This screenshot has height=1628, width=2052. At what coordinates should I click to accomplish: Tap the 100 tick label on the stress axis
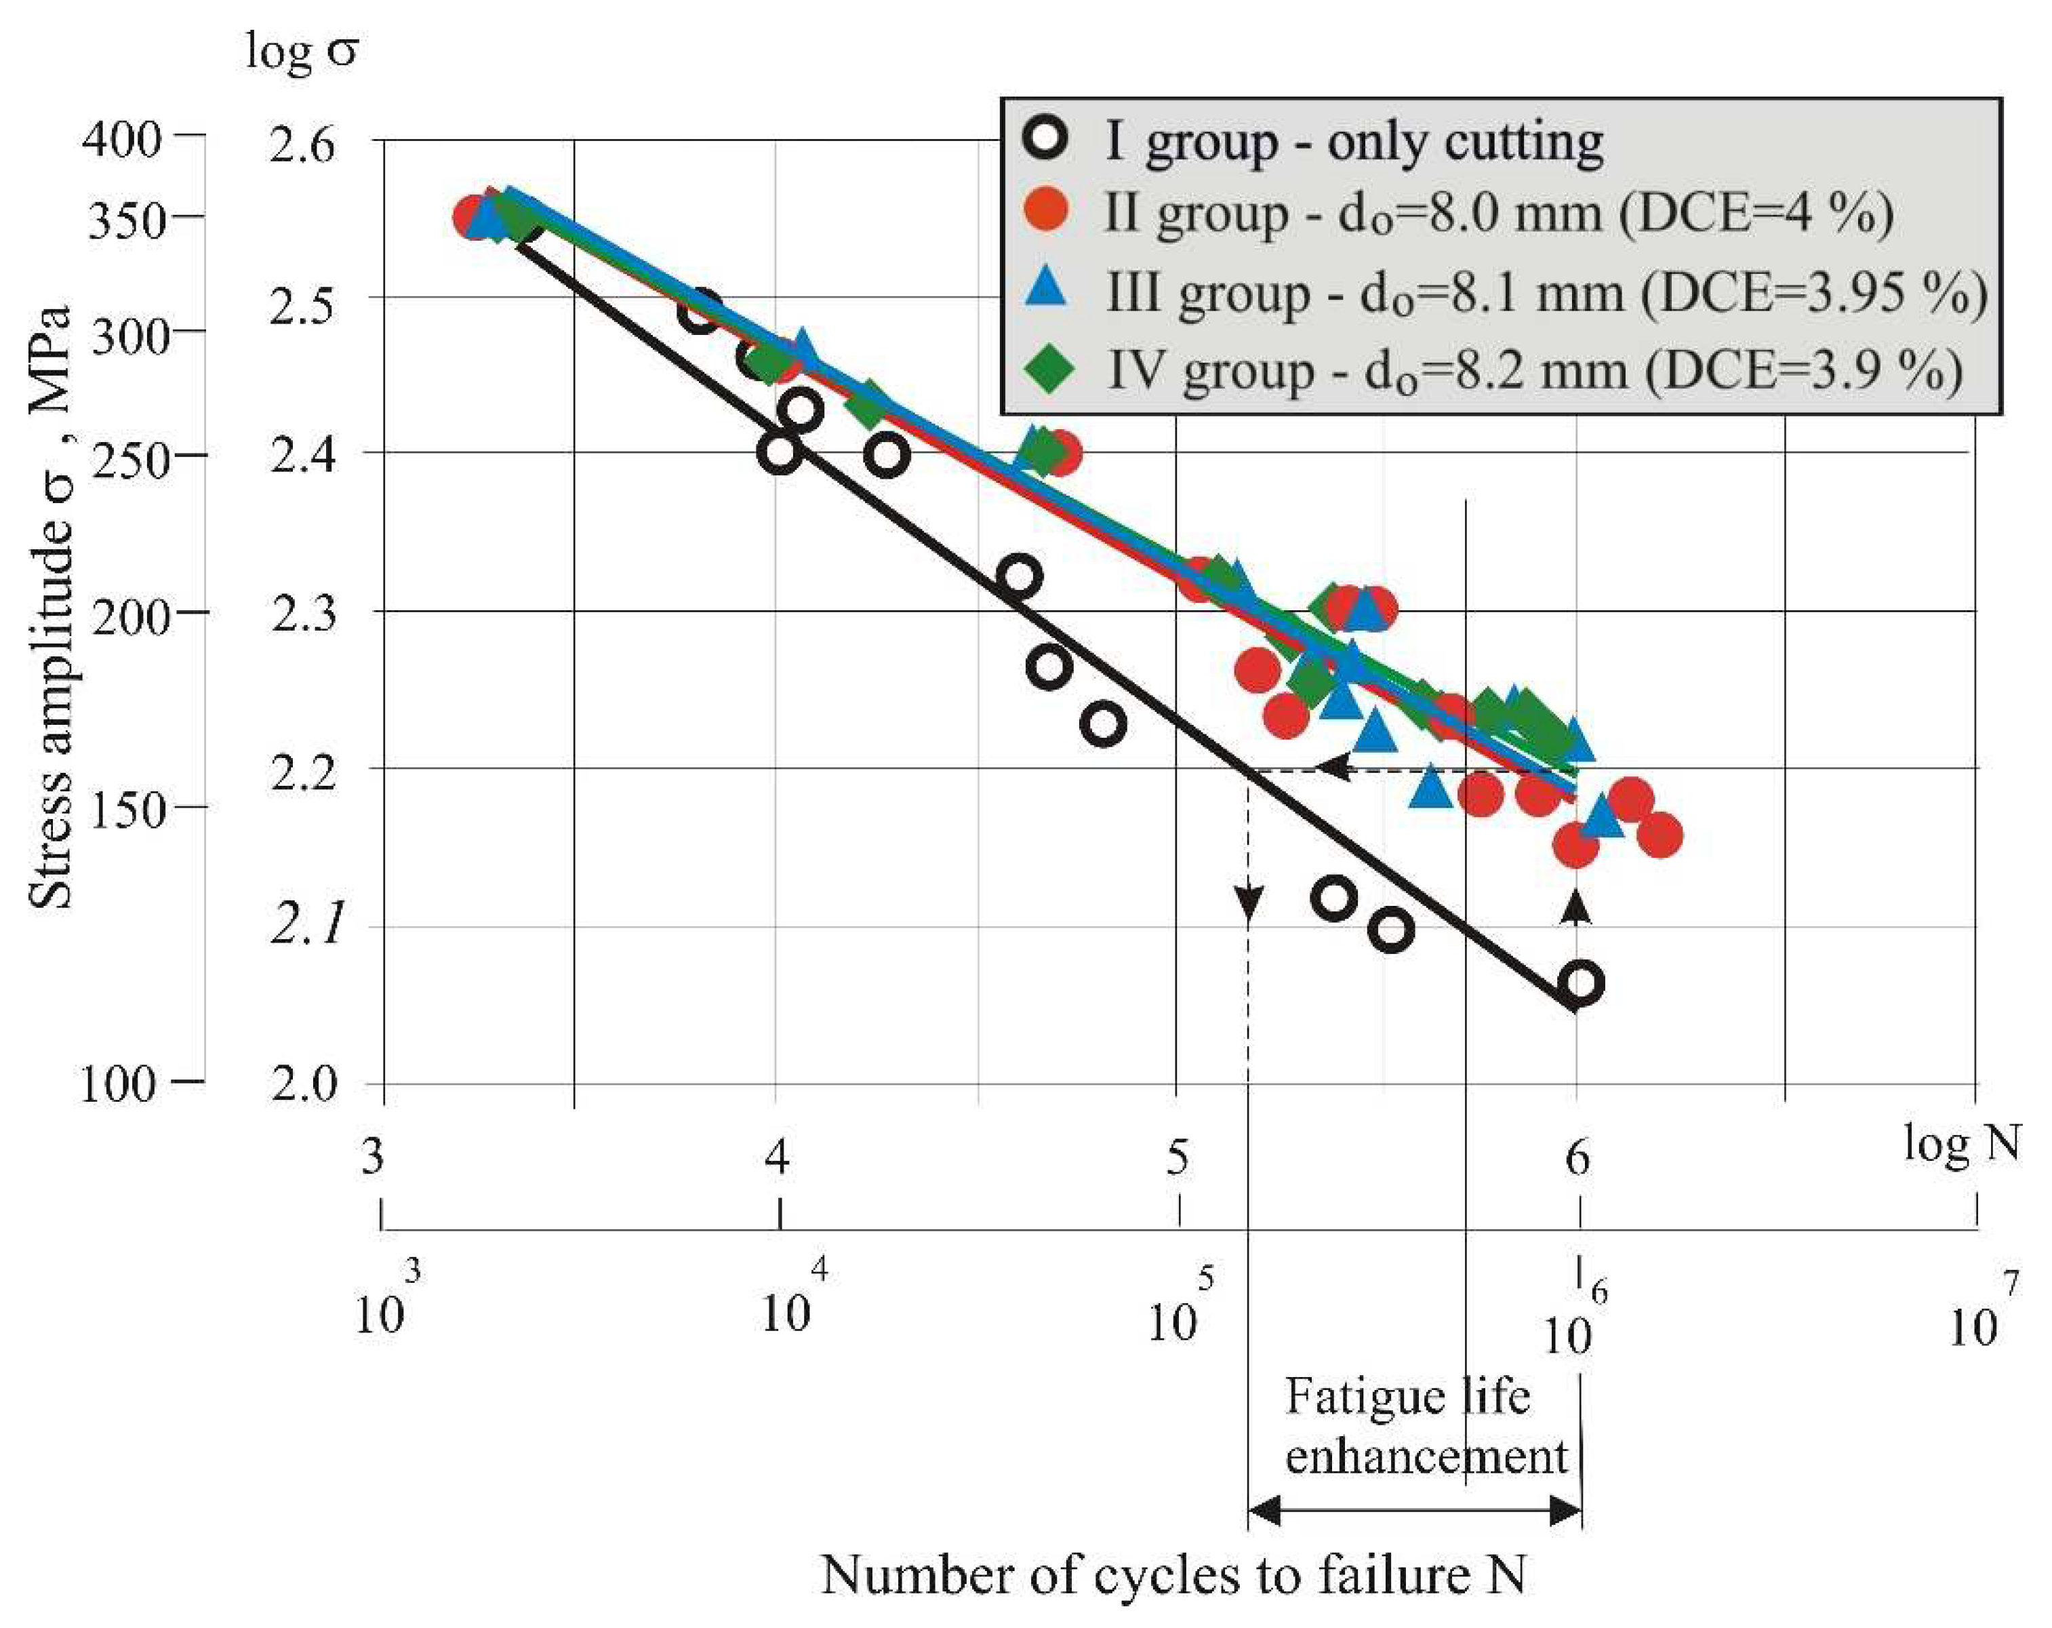(x=116, y=1084)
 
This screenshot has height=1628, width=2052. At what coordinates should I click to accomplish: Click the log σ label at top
(x=301, y=49)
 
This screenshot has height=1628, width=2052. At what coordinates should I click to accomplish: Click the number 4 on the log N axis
(x=778, y=1156)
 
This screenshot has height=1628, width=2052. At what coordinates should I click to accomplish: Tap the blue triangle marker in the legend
(x=1047, y=288)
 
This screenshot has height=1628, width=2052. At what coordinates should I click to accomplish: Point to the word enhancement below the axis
(x=1425, y=1456)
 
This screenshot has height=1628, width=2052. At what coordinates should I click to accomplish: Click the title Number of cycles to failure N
(x=1173, y=1574)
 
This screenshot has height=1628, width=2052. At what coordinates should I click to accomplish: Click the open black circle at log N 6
(x=1581, y=983)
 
